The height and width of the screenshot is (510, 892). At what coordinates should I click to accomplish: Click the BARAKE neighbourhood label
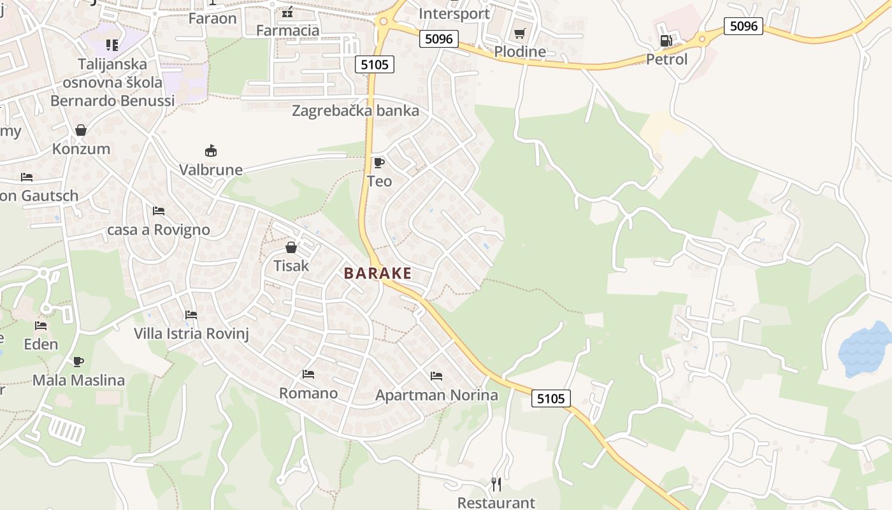[x=378, y=273]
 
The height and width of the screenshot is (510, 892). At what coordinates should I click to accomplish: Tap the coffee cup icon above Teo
[x=379, y=163]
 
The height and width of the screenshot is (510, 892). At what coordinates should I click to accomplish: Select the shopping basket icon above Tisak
[x=291, y=247]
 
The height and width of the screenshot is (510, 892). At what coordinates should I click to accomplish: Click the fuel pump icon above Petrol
[x=666, y=41]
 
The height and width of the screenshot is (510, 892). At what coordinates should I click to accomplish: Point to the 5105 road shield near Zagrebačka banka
[x=375, y=64]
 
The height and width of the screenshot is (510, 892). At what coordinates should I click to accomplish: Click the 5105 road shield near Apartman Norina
[x=550, y=398]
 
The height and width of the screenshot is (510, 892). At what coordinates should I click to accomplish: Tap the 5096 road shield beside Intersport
[x=439, y=39]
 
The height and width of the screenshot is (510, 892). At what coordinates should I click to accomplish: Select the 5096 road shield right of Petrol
[x=744, y=26]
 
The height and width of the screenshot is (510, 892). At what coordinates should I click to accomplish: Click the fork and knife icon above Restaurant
[x=497, y=484]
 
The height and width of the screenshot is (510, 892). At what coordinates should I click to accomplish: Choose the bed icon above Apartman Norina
[x=436, y=376]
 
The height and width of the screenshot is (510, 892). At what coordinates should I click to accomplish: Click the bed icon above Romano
[x=308, y=374]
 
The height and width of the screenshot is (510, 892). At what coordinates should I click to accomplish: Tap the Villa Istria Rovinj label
[x=191, y=333]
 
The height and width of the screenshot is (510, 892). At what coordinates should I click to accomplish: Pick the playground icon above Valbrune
[x=211, y=151]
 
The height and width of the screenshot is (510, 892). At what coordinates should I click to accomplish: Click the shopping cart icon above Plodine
[x=520, y=33]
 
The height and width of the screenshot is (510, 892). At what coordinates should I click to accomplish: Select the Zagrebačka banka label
[x=356, y=111]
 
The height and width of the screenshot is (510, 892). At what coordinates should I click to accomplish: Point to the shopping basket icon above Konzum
[x=81, y=131]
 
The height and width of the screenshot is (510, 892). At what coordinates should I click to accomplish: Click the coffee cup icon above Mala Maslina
[x=78, y=361]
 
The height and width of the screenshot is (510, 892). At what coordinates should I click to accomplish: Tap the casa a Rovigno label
[x=159, y=229]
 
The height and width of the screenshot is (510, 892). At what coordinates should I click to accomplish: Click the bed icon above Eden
[x=41, y=326]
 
